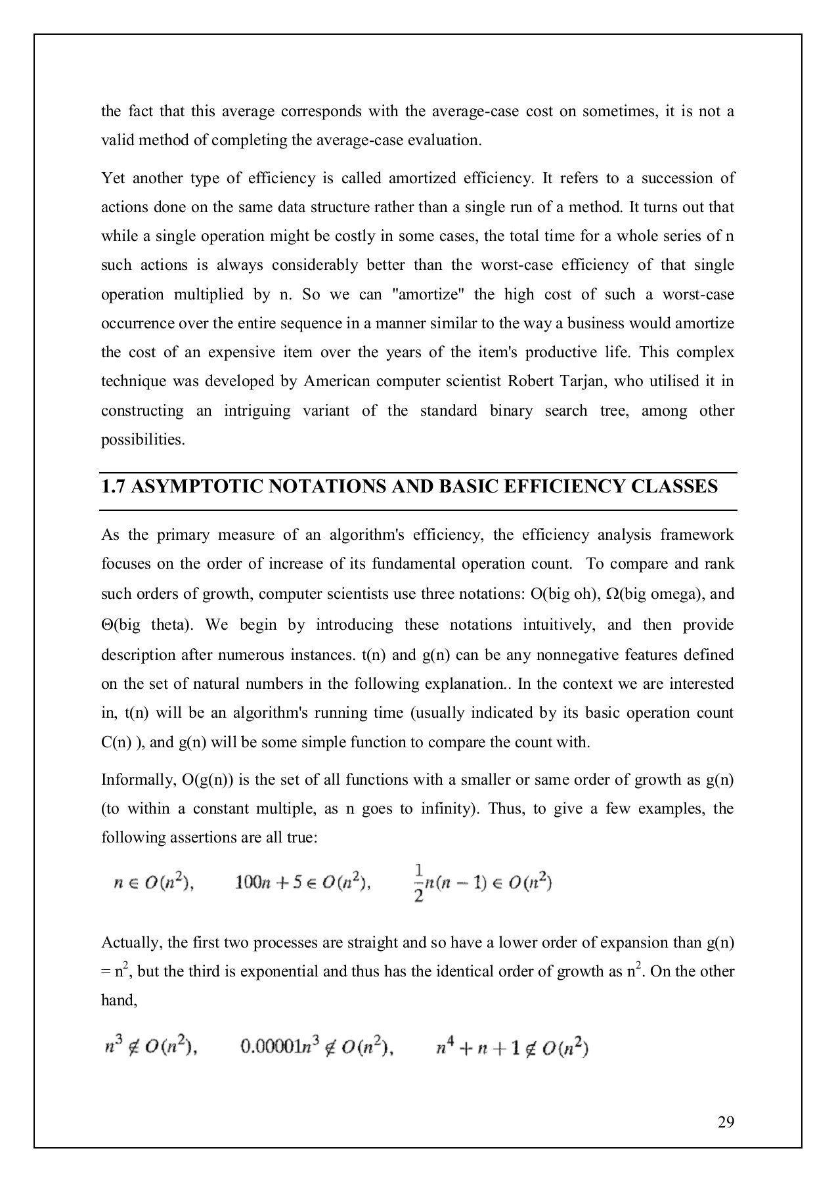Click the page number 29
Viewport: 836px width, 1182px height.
click(726, 1122)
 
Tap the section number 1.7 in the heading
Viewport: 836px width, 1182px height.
click(112, 487)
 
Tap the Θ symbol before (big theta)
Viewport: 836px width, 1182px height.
click(107, 624)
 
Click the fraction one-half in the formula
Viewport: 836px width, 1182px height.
click(418, 883)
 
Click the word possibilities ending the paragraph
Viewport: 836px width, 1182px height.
click(143, 440)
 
